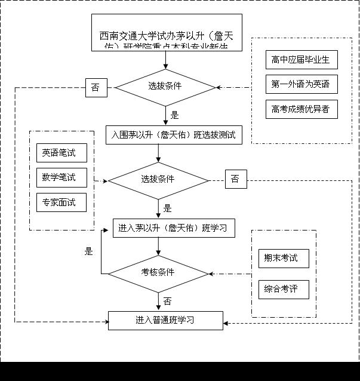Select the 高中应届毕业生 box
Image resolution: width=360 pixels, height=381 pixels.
coord(301,60)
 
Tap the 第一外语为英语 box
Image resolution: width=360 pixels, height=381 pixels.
coord(301,84)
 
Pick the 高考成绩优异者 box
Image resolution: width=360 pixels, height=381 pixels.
coord(301,109)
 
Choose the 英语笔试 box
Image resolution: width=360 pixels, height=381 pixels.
coord(60,153)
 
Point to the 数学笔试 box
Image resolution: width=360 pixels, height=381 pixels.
coord(60,177)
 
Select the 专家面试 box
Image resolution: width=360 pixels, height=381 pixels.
coord(60,202)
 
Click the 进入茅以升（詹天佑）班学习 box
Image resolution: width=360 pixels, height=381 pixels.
coord(173,228)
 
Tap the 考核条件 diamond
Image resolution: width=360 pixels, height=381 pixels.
coord(158,273)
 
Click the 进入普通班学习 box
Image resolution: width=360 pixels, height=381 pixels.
coord(165,320)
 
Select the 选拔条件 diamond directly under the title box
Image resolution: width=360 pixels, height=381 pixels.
coord(165,87)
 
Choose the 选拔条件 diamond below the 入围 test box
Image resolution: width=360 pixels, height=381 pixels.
coord(158,180)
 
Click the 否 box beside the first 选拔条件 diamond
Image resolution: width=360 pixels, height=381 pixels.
coord(96,87)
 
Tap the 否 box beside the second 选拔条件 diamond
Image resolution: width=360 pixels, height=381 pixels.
coord(236,179)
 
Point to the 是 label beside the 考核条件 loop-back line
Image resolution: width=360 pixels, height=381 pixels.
coord(89,251)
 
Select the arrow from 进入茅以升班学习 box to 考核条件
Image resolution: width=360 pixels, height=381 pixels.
coord(158,246)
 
